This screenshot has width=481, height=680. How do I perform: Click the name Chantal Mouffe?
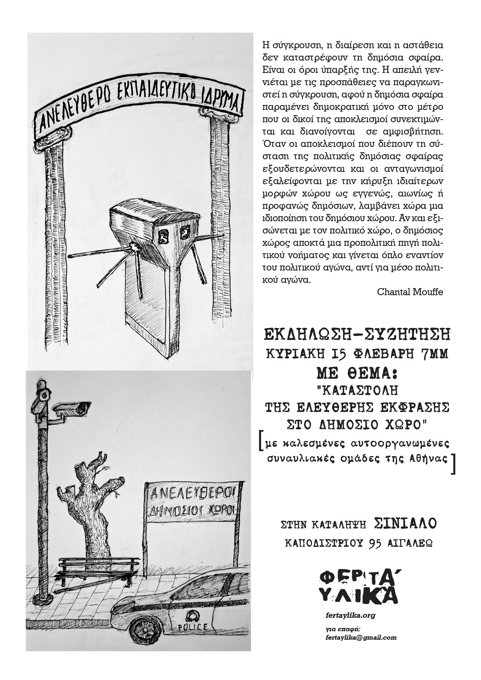(410, 292)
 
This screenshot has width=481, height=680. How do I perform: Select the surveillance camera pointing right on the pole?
(72, 408)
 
